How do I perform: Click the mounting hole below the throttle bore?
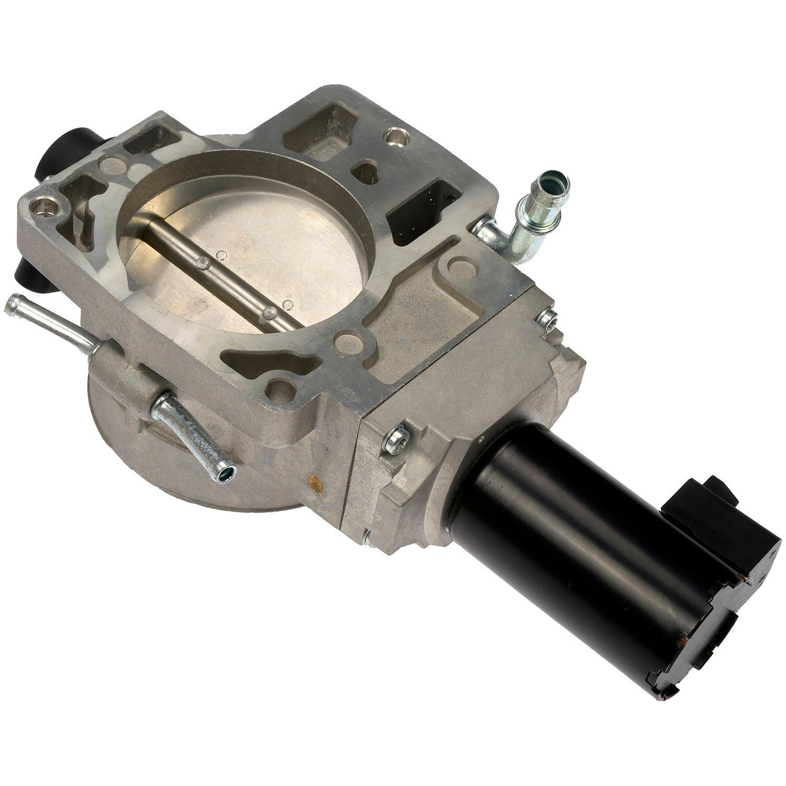pos(281,390)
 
